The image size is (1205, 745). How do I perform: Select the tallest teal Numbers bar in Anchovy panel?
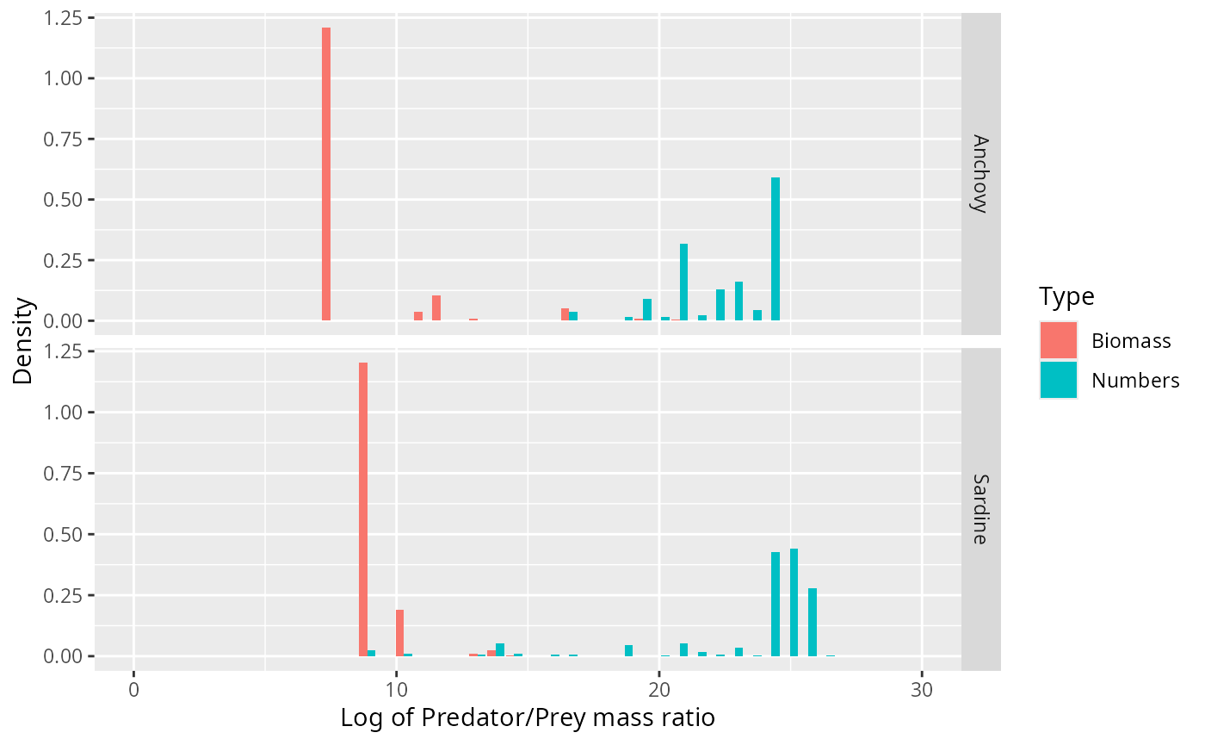coord(776,249)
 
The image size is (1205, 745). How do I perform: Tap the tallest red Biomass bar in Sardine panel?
coord(363,509)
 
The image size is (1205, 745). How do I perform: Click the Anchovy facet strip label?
coord(980,173)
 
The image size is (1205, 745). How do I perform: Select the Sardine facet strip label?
coord(980,508)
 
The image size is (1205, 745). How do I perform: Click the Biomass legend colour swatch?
coord(1059,340)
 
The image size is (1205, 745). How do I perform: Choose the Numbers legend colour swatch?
coord(1059,380)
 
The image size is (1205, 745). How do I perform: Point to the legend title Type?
coord(1066,296)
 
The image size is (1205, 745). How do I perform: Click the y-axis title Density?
coord(23,341)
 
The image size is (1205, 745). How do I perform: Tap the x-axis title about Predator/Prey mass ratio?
coord(528,717)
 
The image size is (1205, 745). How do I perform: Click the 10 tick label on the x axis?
coord(396,690)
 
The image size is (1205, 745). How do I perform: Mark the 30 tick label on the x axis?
coord(922,690)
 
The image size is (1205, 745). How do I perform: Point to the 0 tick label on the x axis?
coord(133,690)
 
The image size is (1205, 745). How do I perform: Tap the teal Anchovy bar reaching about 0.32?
coord(683,282)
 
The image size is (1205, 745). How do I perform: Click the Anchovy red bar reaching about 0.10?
coord(436,307)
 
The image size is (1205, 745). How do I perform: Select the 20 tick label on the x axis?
coord(659,690)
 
